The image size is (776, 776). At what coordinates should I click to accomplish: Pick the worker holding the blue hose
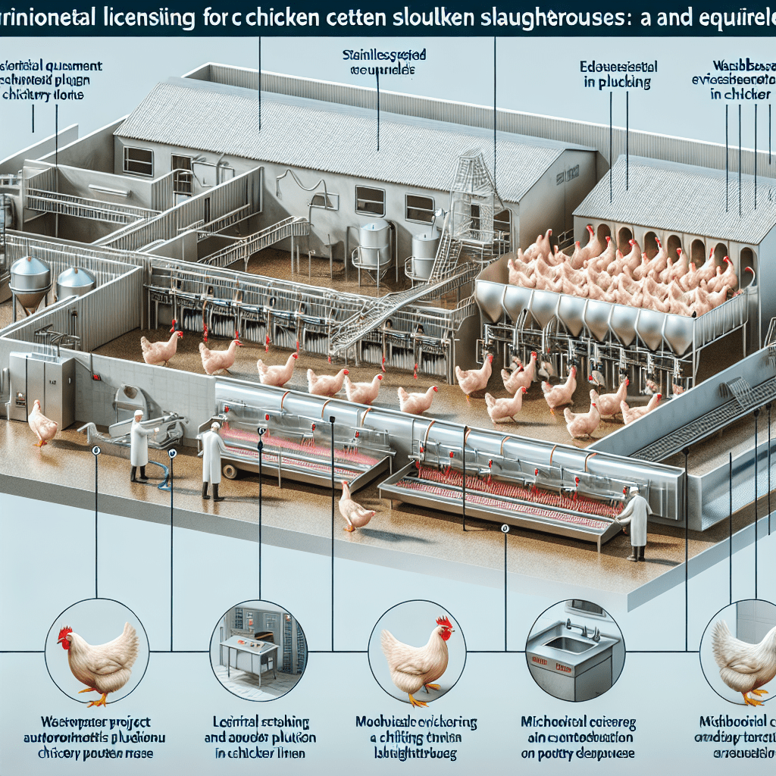(x=139, y=447)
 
